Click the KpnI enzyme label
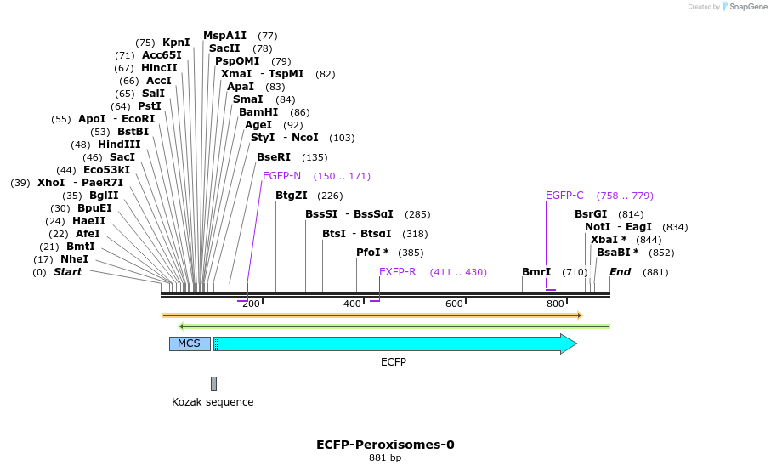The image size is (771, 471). (x=176, y=43)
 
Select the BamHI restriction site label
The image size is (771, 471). (x=258, y=112)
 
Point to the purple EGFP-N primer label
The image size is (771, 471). (x=281, y=176)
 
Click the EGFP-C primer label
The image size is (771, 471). (x=564, y=196)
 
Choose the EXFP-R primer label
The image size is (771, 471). (x=397, y=272)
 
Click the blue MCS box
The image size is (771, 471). (x=189, y=343)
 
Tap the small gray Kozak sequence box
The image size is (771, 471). (x=213, y=383)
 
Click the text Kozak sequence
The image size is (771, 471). (x=213, y=402)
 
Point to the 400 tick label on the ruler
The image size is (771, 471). (x=352, y=304)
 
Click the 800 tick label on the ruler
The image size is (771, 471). (x=555, y=304)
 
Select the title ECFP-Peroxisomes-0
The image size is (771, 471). (x=385, y=445)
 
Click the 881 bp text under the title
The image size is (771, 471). (x=385, y=458)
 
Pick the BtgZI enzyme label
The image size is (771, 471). (x=292, y=196)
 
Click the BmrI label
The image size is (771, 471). (x=536, y=272)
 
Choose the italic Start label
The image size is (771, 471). (x=68, y=272)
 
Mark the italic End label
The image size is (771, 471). (x=620, y=272)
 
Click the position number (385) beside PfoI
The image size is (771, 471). (x=411, y=253)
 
